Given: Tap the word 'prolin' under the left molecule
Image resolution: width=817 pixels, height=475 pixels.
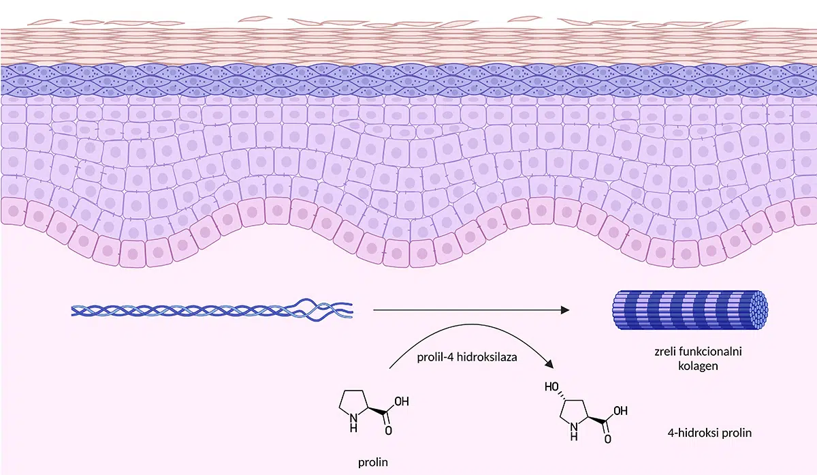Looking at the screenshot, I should pyautogui.click(x=373, y=463).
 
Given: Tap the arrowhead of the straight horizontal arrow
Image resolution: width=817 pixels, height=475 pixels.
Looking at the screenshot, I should pyautogui.click(x=564, y=311).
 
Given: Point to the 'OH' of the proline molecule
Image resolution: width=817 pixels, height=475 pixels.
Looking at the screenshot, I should pyautogui.click(x=402, y=401).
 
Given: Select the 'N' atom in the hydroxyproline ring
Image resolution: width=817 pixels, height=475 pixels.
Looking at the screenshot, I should pyautogui.click(x=575, y=428).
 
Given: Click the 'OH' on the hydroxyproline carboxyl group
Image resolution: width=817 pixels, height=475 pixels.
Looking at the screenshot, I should pyautogui.click(x=621, y=411).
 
